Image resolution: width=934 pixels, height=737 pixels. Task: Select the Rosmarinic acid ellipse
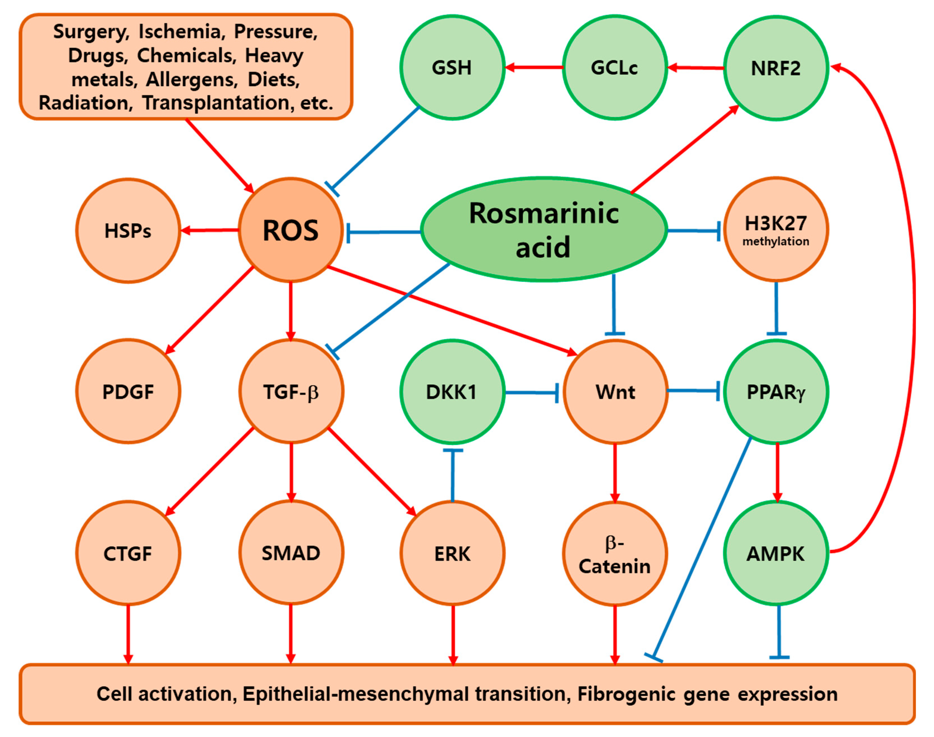pyautogui.click(x=544, y=229)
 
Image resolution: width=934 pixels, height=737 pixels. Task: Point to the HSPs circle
pyautogui.click(x=128, y=231)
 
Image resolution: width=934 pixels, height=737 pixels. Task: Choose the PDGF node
pyautogui.click(x=128, y=392)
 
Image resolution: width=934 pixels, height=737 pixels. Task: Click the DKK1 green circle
pyautogui.click(x=452, y=392)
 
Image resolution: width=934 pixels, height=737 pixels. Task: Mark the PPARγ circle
pyautogui.click(x=776, y=392)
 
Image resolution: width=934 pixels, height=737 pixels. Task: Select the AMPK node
pyautogui.click(x=776, y=554)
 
